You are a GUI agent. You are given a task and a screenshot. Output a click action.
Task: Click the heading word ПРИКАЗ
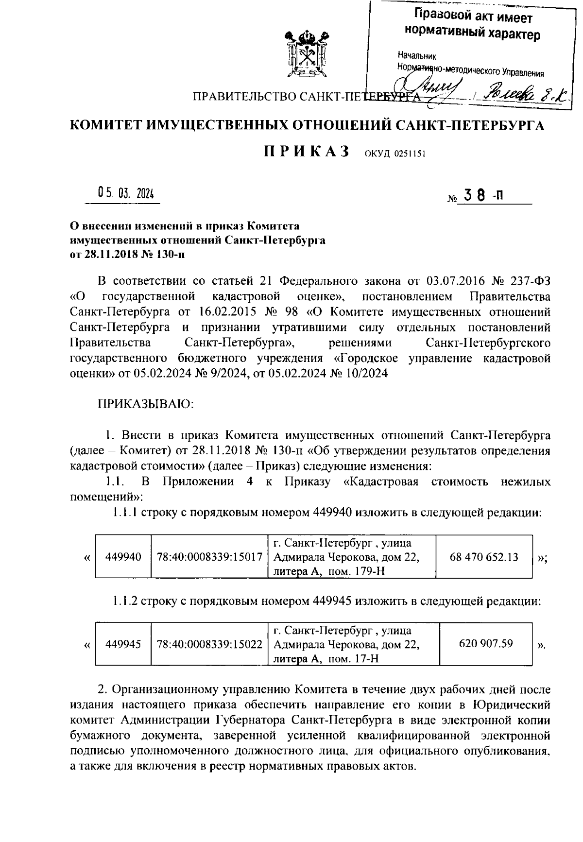pos(307,152)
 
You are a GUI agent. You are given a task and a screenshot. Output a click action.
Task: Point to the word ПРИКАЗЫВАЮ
pos(146,404)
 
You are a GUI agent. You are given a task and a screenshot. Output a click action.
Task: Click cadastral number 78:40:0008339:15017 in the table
pos(209,557)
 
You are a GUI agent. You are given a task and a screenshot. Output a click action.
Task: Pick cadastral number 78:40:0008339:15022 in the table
pos(209,644)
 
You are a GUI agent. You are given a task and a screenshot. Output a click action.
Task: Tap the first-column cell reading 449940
pos(123,557)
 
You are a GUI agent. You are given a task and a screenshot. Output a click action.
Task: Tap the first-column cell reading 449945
pos(123,644)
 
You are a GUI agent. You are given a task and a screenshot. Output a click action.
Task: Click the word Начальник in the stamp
pos(416,56)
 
